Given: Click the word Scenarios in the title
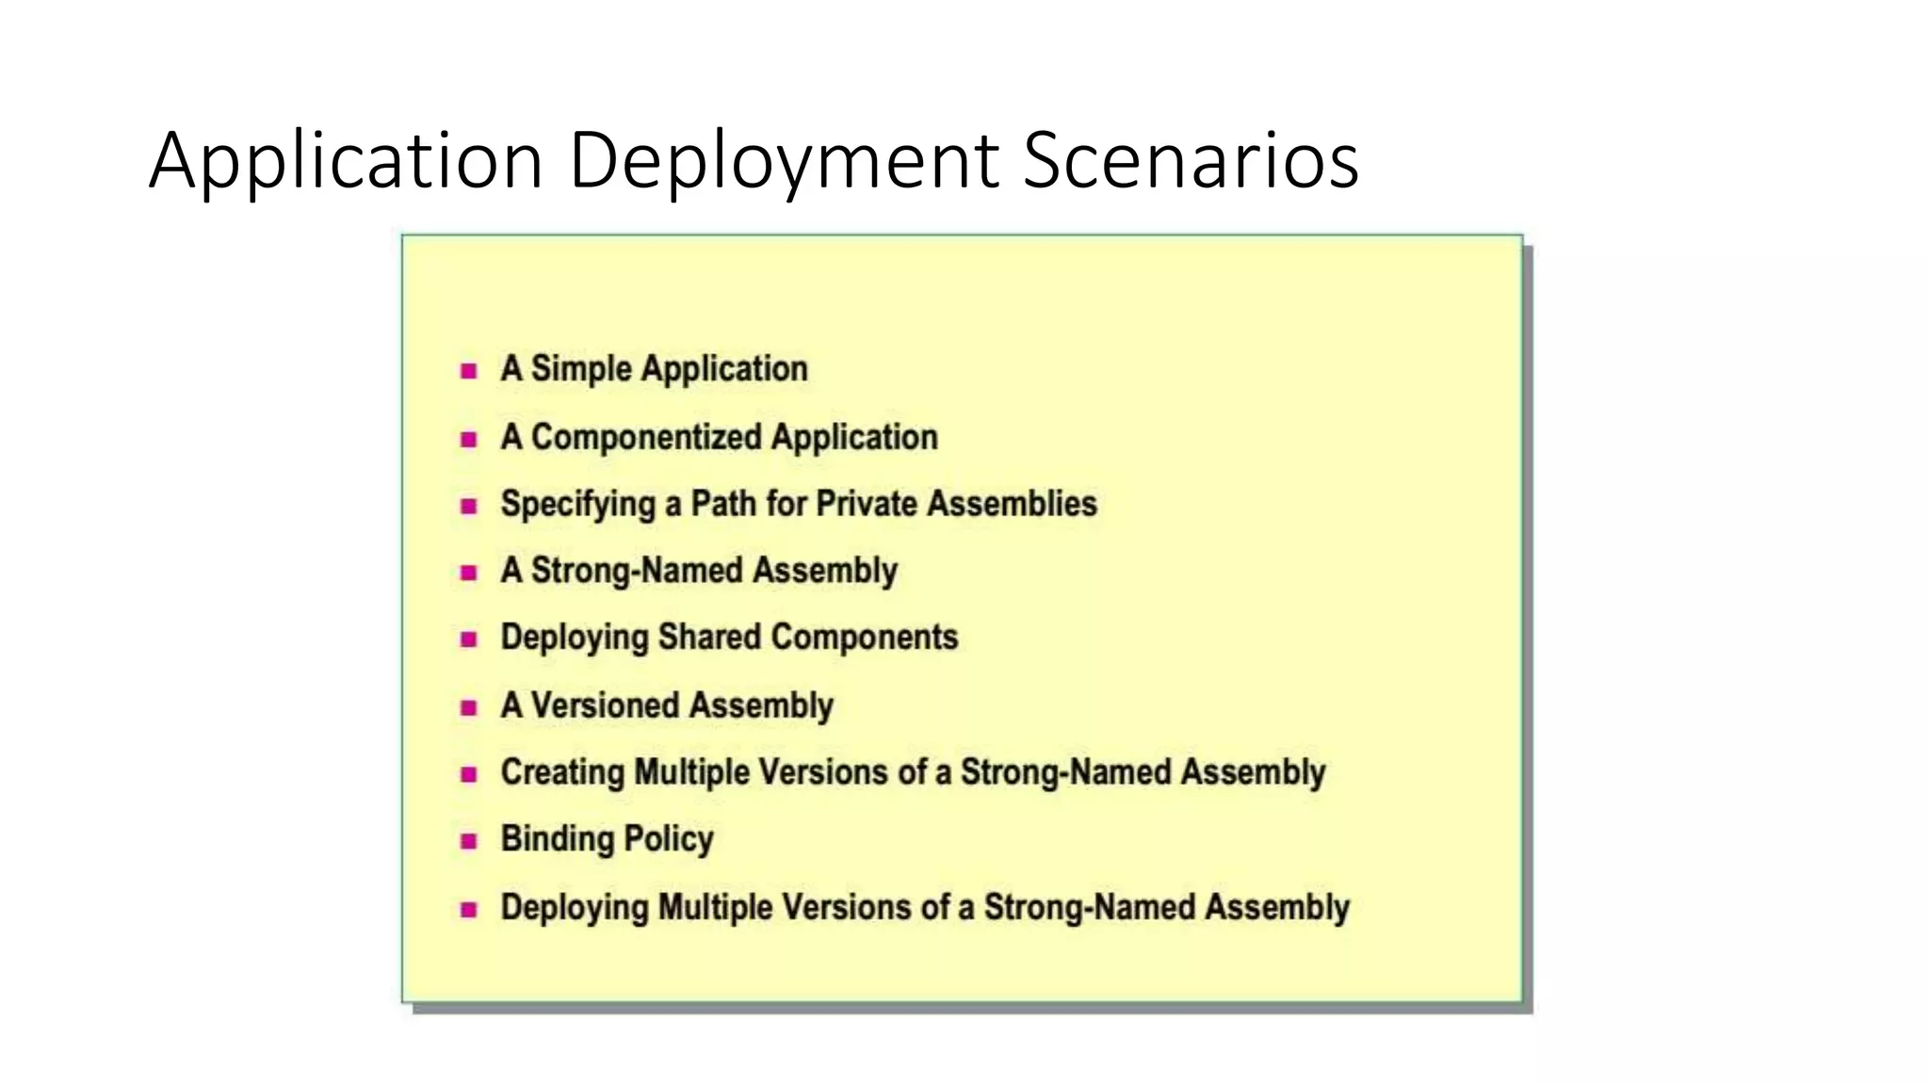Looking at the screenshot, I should pyautogui.click(x=1191, y=160).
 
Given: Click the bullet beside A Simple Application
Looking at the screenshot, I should pyautogui.click(x=468, y=371).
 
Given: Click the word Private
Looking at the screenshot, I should pyautogui.click(x=867, y=504).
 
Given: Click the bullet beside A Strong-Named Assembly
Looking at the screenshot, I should pyautogui.click(x=468, y=573).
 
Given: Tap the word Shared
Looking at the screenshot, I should pyautogui.click(x=709, y=638).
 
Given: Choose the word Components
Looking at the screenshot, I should pyautogui.click(x=864, y=638).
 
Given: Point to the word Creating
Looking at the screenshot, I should pyautogui.click(x=562, y=773).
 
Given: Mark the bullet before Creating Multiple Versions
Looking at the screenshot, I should pyautogui.click(x=468, y=775).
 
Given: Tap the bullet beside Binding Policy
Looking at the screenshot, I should pyautogui.click(x=468, y=842).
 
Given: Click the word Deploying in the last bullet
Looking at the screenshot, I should pyautogui.click(x=575, y=909).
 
